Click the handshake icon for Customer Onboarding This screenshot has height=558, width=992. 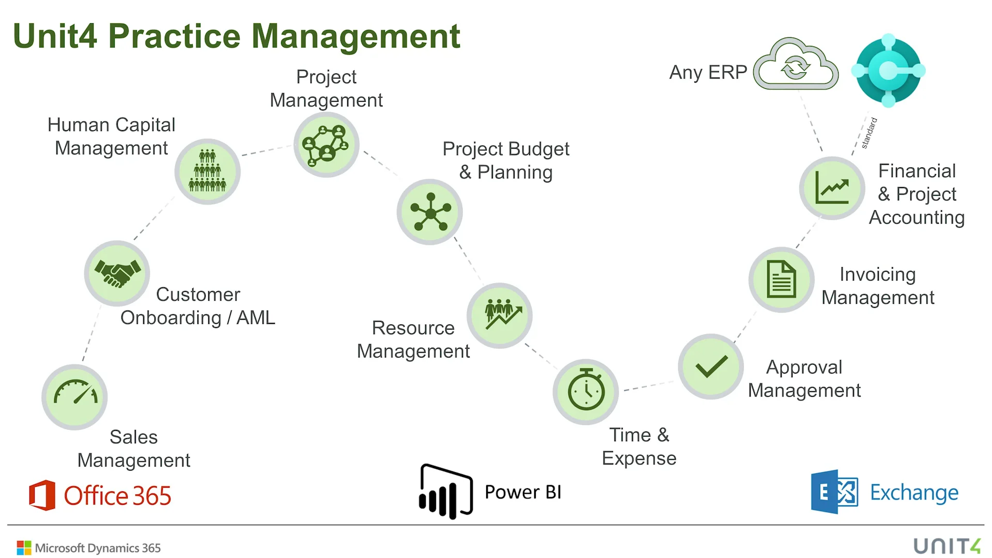117,273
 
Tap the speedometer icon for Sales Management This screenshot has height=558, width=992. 75,397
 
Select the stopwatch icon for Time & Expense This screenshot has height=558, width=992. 586,392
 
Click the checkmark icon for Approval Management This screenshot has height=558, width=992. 711,366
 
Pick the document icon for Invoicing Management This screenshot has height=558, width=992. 781,280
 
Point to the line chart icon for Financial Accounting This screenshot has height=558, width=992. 832,188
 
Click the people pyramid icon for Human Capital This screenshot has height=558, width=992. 207,171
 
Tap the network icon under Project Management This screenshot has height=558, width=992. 326,145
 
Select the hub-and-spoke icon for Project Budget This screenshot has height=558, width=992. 430,212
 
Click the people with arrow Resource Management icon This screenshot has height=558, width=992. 500,315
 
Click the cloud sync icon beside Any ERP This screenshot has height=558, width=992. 796,65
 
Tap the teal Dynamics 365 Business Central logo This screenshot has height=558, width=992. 888,71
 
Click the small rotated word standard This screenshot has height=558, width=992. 869,133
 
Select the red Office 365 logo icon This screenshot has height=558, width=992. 42,495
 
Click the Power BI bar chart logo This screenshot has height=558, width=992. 445,491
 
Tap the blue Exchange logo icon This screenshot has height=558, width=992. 834,492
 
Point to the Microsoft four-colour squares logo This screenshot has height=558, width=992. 24,548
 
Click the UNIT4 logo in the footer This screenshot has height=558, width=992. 947,546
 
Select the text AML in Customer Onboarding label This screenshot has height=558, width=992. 256,317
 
